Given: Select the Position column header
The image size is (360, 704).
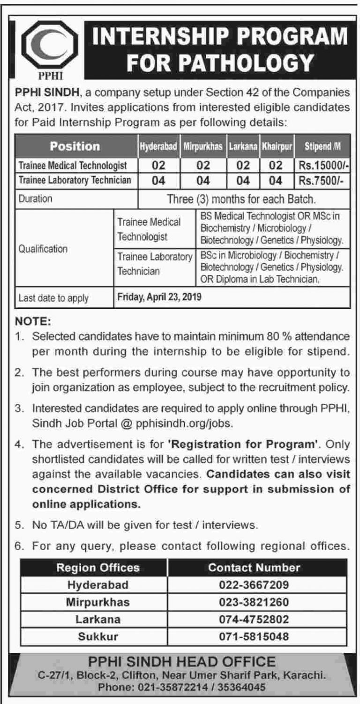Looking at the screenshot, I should (75, 146).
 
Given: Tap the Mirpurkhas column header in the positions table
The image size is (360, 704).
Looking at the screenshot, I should (202, 147).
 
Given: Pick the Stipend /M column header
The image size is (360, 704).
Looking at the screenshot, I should (323, 147).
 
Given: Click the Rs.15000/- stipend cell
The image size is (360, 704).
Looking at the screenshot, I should (323, 166).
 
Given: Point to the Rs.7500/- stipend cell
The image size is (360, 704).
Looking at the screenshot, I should (319, 180).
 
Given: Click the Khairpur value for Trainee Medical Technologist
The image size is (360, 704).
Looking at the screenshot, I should (277, 166).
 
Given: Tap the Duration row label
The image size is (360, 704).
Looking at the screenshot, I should (35, 198).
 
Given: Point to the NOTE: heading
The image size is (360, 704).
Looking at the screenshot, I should (32, 323).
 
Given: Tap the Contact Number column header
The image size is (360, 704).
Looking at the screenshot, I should (254, 568).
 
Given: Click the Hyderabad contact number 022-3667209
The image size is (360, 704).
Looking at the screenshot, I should (254, 585).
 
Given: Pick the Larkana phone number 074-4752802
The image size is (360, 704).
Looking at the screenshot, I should (254, 619).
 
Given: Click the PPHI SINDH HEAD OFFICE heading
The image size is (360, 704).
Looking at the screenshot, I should (180, 662).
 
